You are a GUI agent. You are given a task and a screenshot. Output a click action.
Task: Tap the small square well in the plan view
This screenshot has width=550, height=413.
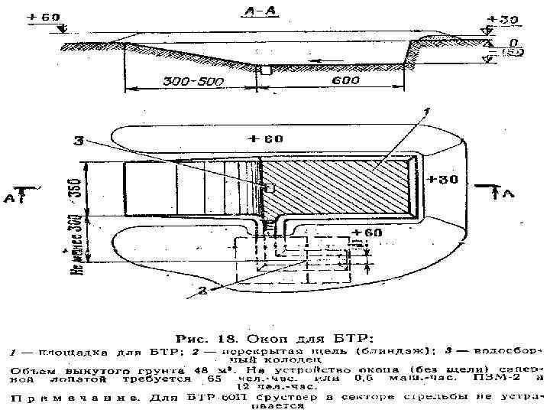(268, 187)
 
